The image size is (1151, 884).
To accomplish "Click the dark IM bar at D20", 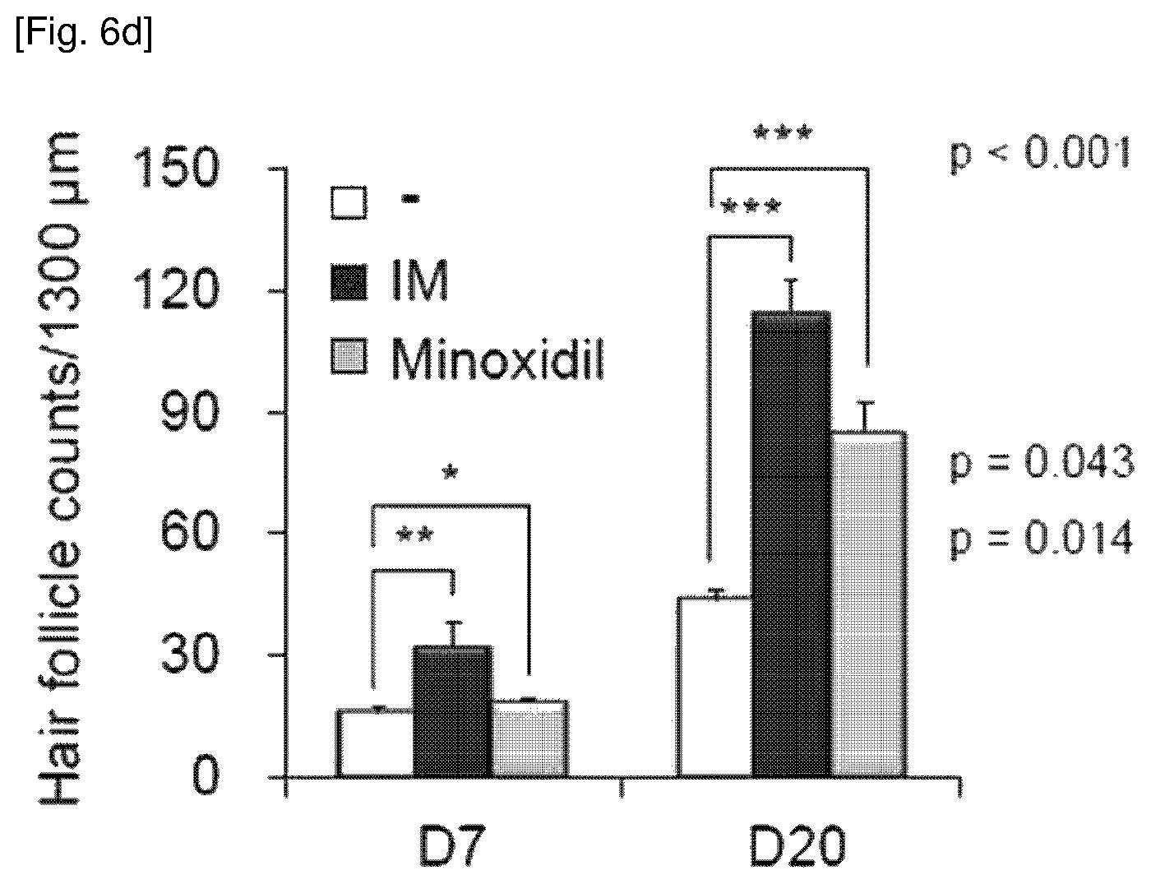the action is point(791,544).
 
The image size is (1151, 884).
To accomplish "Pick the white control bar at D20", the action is point(715,687).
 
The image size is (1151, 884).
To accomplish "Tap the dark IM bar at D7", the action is point(453,711).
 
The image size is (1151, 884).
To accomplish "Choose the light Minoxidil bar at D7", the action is point(530,739).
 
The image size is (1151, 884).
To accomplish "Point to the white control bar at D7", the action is point(375,743).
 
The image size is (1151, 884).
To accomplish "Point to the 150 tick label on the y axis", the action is point(177,168).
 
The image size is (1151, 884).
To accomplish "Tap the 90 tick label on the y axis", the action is point(190,411).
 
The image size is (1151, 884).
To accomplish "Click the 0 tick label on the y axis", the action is point(205,775).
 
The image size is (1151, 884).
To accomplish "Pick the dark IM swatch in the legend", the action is point(349,282).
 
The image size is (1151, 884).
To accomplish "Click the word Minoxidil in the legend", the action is point(497,359).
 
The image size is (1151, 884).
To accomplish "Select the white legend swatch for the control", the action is point(349,201).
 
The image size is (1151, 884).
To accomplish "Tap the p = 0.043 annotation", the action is point(1042,463).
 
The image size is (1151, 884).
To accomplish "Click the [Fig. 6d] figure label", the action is point(85,33).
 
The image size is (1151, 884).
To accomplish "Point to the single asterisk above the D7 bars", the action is point(451,471).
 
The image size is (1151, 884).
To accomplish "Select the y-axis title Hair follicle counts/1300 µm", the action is point(60,468).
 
